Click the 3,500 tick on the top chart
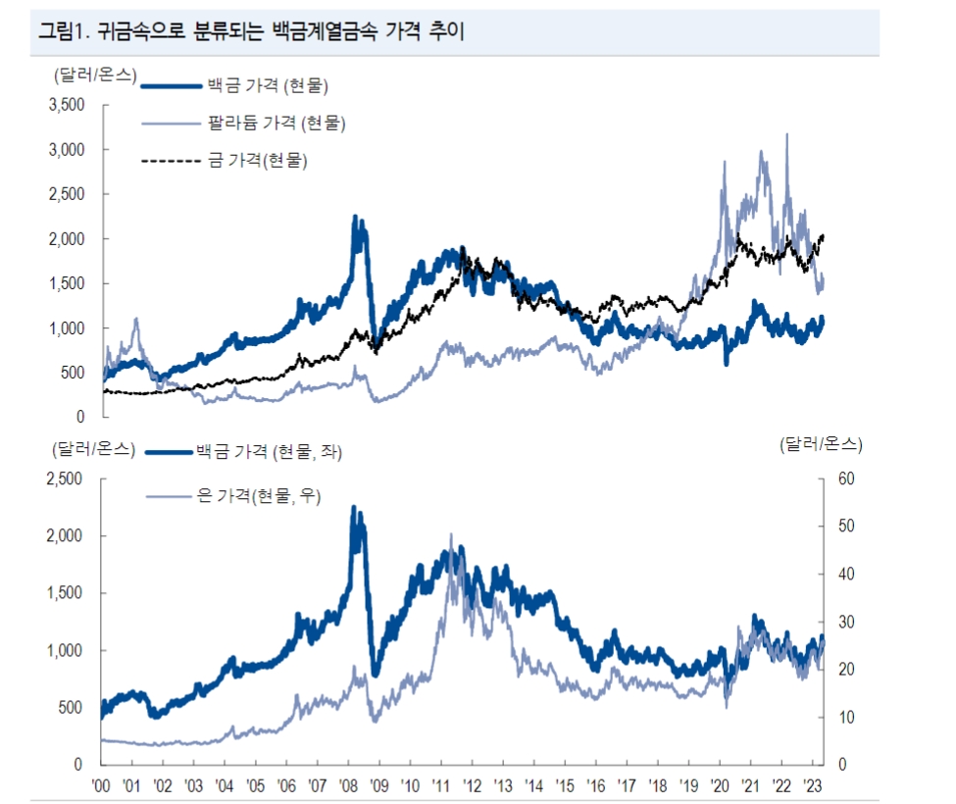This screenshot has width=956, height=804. (67, 105)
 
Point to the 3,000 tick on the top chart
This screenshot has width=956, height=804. (67, 149)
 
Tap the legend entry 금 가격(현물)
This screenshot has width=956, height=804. (258, 160)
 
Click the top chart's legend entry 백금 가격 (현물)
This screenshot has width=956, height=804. (267, 86)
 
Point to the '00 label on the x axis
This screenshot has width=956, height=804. (101, 784)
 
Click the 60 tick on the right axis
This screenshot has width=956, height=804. (846, 478)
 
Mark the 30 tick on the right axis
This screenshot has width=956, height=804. (846, 622)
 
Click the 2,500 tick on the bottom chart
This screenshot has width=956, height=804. (67, 478)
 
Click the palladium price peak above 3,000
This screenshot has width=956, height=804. (787, 134)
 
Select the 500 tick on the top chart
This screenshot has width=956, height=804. (74, 373)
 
